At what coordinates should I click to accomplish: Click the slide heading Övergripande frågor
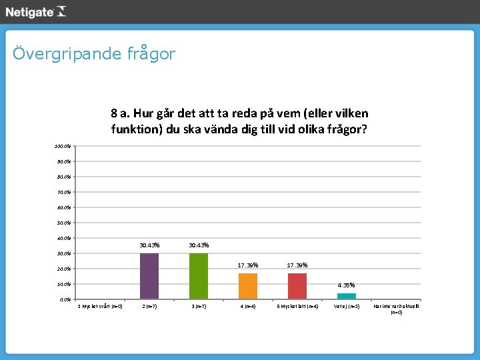click(93, 53)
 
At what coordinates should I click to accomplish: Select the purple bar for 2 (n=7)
click(149, 276)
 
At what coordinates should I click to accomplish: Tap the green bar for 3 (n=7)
click(199, 276)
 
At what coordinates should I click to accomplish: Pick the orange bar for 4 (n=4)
click(248, 286)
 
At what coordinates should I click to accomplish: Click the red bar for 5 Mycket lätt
click(297, 286)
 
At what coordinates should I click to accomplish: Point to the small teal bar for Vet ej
click(347, 296)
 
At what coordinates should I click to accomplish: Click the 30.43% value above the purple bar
click(149, 245)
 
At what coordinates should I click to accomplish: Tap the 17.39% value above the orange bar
click(248, 265)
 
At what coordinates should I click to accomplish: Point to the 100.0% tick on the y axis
click(64, 146)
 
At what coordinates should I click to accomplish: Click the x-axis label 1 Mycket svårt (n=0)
click(100, 307)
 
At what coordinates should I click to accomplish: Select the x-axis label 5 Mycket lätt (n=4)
click(297, 307)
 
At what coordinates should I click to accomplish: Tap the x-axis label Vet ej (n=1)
click(347, 307)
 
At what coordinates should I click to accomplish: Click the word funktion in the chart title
click(136, 129)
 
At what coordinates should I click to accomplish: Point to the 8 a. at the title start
click(124, 113)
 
